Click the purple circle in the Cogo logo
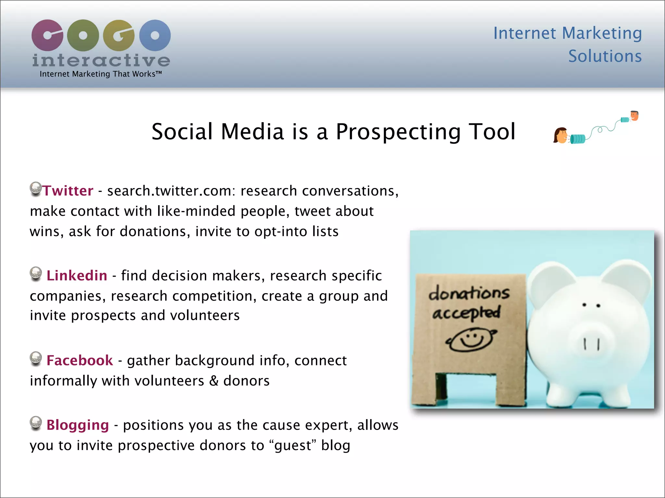[x=47, y=35]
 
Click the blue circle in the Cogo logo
[x=155, y=35]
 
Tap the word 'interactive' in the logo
[x=101, y=60]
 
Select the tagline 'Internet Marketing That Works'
[x=100, y=74]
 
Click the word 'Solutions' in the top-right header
[x=605, y=56]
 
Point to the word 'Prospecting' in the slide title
[x=398, y=132]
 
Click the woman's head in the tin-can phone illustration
[x=560, y=136]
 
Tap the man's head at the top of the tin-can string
[x=634, y=115]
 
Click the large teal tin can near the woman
[x=578, y=139]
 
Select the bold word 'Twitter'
[x=68, y=191]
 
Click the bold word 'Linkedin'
[x=77, y=276]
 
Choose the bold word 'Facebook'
[x=80, y=361]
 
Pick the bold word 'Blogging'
[x=78, y=425]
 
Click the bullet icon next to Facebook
[x=36, y=358]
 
